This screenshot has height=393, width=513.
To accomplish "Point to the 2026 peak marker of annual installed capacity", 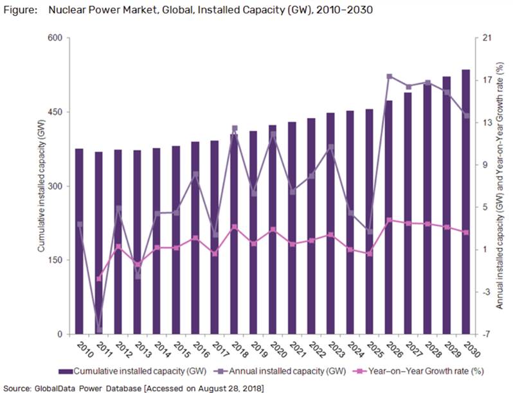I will coord(389,76).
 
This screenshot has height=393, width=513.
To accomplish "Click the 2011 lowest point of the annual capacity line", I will coord(99,330).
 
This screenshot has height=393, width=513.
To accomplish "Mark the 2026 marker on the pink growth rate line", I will coord(389,220).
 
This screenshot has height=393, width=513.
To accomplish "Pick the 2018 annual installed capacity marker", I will coord(234,128).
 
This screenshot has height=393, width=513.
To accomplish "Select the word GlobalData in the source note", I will coord(57,387).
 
